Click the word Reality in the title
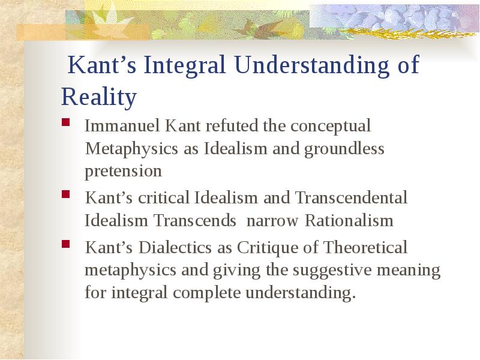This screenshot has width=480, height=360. click(x=98, y=97)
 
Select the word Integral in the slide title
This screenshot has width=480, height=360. click(x=184, y=65)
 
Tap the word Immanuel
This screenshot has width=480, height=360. click(x=122, y=125)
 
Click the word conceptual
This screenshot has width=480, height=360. click(x=331, y=127)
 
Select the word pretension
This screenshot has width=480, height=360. click(x=123, y=172)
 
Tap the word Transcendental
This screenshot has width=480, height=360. click(x=351, y=197)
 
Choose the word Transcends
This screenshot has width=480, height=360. click(x=194, y=220)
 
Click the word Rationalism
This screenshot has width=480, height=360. click(x=349, y=220)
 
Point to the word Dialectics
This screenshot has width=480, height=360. click(x=175, y=247)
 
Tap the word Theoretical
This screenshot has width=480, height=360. click(x=365, y=247)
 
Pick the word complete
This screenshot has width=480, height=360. click(x=206, y=293)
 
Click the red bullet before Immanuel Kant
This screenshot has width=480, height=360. click(x=66, y=122)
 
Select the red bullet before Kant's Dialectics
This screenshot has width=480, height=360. click(x=66, y=244)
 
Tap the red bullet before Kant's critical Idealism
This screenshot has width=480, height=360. click(x=66, y=194)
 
